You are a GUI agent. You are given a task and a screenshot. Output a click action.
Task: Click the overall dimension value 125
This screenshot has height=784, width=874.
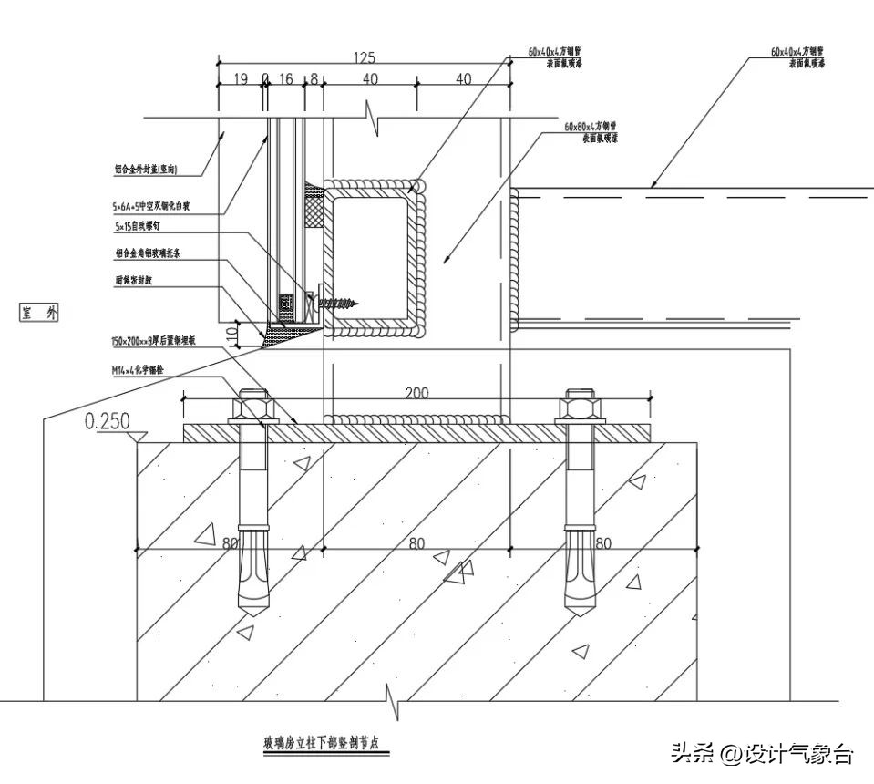(363, 58)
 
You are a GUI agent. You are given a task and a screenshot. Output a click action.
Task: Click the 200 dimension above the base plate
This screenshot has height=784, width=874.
(417, 393)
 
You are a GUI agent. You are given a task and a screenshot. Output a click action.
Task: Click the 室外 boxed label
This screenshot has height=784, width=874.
(40, 314)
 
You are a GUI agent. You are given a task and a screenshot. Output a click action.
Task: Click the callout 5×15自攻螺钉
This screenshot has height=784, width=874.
(137, 224)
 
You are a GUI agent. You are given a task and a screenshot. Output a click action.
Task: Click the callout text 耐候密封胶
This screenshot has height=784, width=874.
(134, 281)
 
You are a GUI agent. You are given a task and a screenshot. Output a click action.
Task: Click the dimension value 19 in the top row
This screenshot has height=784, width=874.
(241, 80)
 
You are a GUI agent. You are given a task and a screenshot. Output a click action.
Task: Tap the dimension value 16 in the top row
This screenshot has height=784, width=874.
(285, 80)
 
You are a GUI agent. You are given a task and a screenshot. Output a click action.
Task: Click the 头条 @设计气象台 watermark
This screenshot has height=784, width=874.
(761, 753)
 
